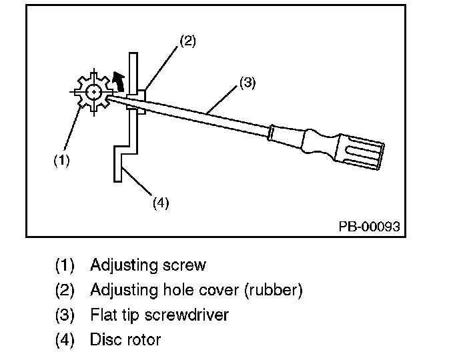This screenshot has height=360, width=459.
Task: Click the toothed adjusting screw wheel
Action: [93, 92]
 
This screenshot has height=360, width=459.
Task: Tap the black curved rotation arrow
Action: [119, 81]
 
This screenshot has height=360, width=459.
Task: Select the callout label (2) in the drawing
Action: [187, 41]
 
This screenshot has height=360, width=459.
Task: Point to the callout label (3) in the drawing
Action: [248, 83]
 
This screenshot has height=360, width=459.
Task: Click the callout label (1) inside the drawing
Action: [61, 160]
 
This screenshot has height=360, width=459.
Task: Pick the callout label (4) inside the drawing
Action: [161, 203]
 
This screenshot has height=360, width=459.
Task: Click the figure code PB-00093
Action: [369, 227]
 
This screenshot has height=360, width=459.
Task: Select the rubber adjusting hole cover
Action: [136, 101]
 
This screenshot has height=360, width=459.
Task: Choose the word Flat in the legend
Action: [101, 315]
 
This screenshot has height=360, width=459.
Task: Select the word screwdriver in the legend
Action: [187, 315]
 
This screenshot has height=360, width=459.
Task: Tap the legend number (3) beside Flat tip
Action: [65, 315]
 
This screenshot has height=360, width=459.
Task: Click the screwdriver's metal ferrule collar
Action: [272, 133]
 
